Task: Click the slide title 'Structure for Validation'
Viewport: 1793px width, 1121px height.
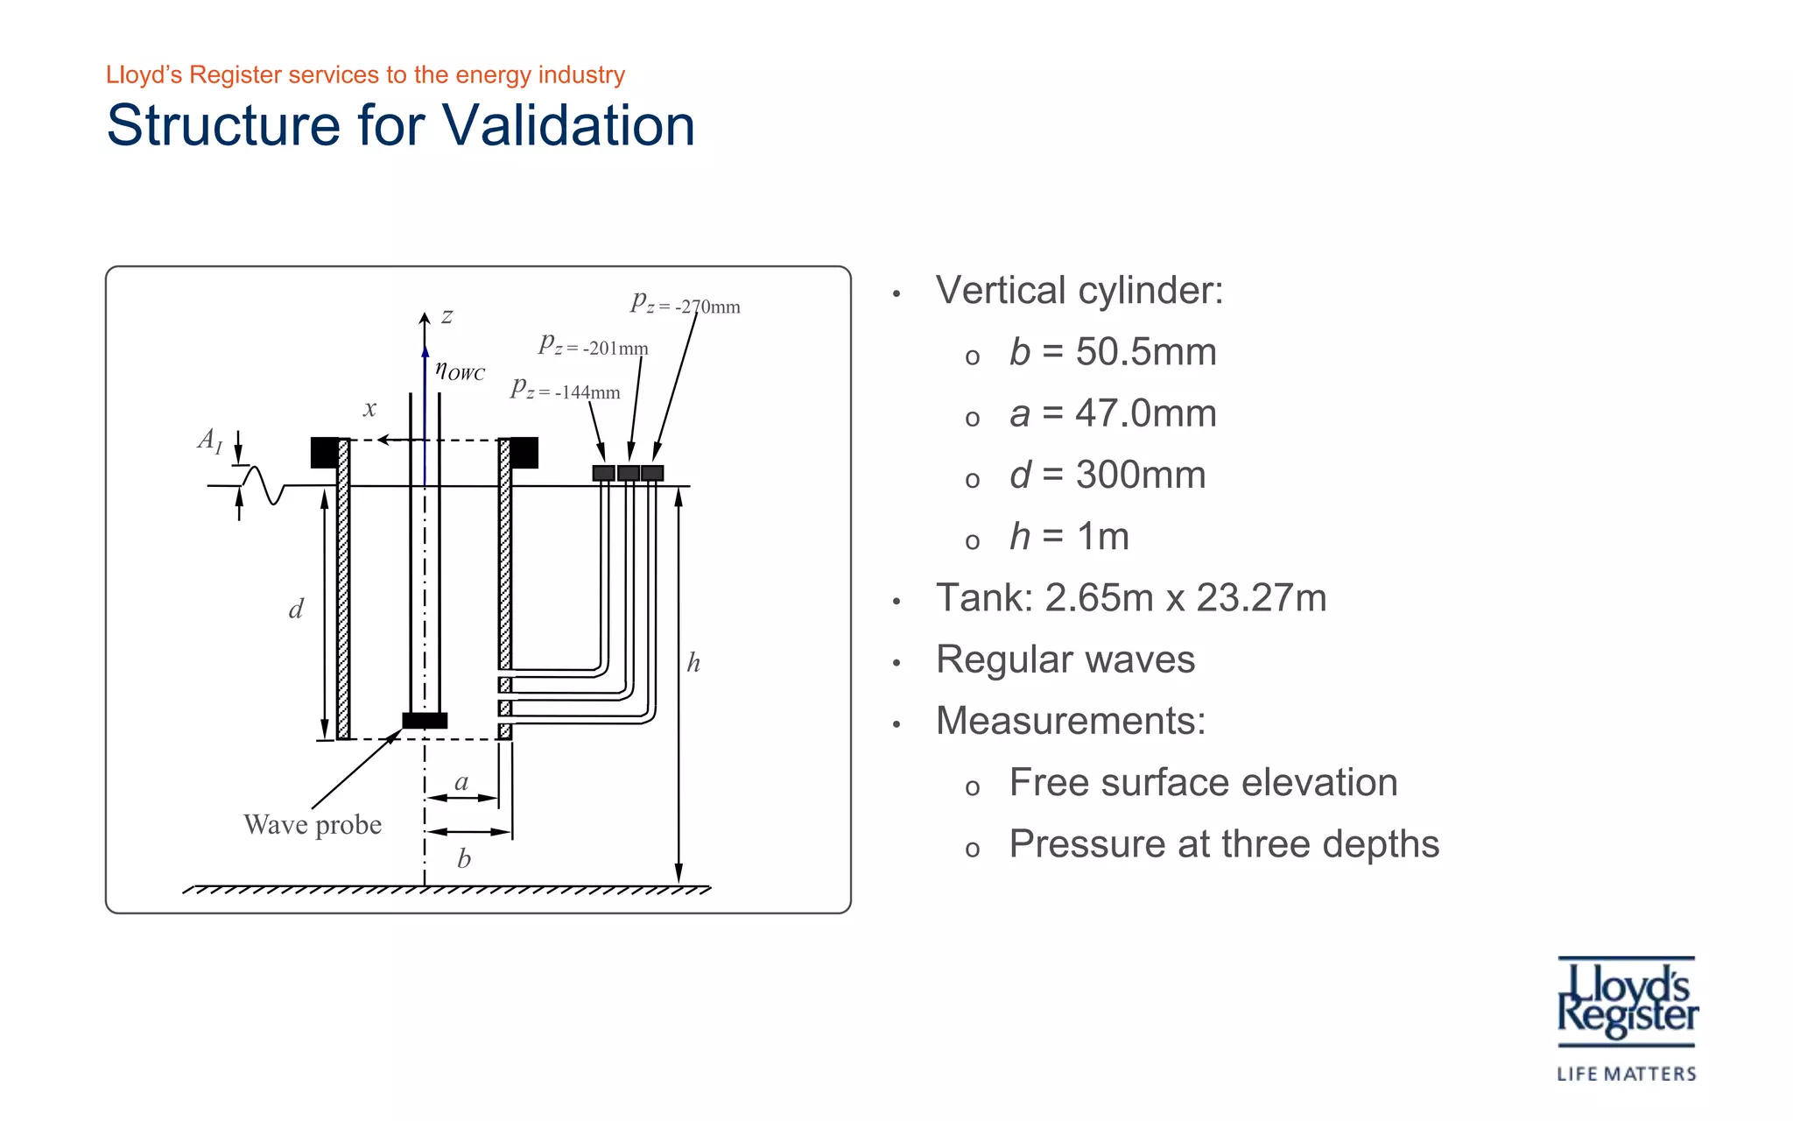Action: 400,125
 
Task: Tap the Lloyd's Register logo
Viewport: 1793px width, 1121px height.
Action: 1627,1002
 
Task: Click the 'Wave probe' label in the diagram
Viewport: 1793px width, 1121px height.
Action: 313,825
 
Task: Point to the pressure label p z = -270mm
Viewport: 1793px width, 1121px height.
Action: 685,304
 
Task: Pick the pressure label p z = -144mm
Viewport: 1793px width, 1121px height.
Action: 565,390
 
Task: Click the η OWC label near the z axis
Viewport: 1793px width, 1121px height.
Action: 460,370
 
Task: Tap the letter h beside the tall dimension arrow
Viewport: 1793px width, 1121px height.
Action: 693,663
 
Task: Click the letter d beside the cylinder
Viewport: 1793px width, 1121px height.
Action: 296,610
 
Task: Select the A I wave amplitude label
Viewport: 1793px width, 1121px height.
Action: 210,440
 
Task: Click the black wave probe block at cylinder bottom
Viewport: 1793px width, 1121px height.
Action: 425,721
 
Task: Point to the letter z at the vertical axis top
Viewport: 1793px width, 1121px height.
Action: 446,316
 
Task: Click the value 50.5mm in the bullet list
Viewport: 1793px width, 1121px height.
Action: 1145,352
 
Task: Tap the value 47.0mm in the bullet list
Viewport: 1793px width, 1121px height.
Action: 1145,413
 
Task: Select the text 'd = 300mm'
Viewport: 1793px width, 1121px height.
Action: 1107,475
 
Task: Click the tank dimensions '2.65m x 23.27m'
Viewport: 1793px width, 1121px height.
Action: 1185,598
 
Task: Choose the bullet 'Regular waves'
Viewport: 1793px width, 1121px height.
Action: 1065,659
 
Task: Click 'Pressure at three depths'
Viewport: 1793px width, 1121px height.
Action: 1223,844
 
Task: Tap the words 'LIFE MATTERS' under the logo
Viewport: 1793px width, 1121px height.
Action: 1626,1074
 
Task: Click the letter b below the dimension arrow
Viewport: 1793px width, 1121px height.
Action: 464,859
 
